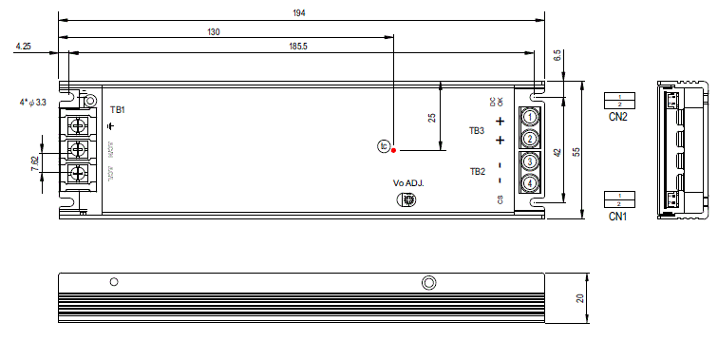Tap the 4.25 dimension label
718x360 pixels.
24,46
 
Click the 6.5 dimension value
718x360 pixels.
557,57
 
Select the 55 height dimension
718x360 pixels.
576,151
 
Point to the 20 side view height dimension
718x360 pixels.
579,297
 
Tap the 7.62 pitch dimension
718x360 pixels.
35,162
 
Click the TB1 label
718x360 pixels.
118,110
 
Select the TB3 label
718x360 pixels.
477,130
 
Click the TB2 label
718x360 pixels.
477,171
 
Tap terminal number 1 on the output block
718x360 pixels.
530,117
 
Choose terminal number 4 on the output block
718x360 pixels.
530,182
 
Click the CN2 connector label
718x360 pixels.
618,118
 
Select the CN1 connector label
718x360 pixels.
618,217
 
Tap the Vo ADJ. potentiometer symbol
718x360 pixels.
406,199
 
